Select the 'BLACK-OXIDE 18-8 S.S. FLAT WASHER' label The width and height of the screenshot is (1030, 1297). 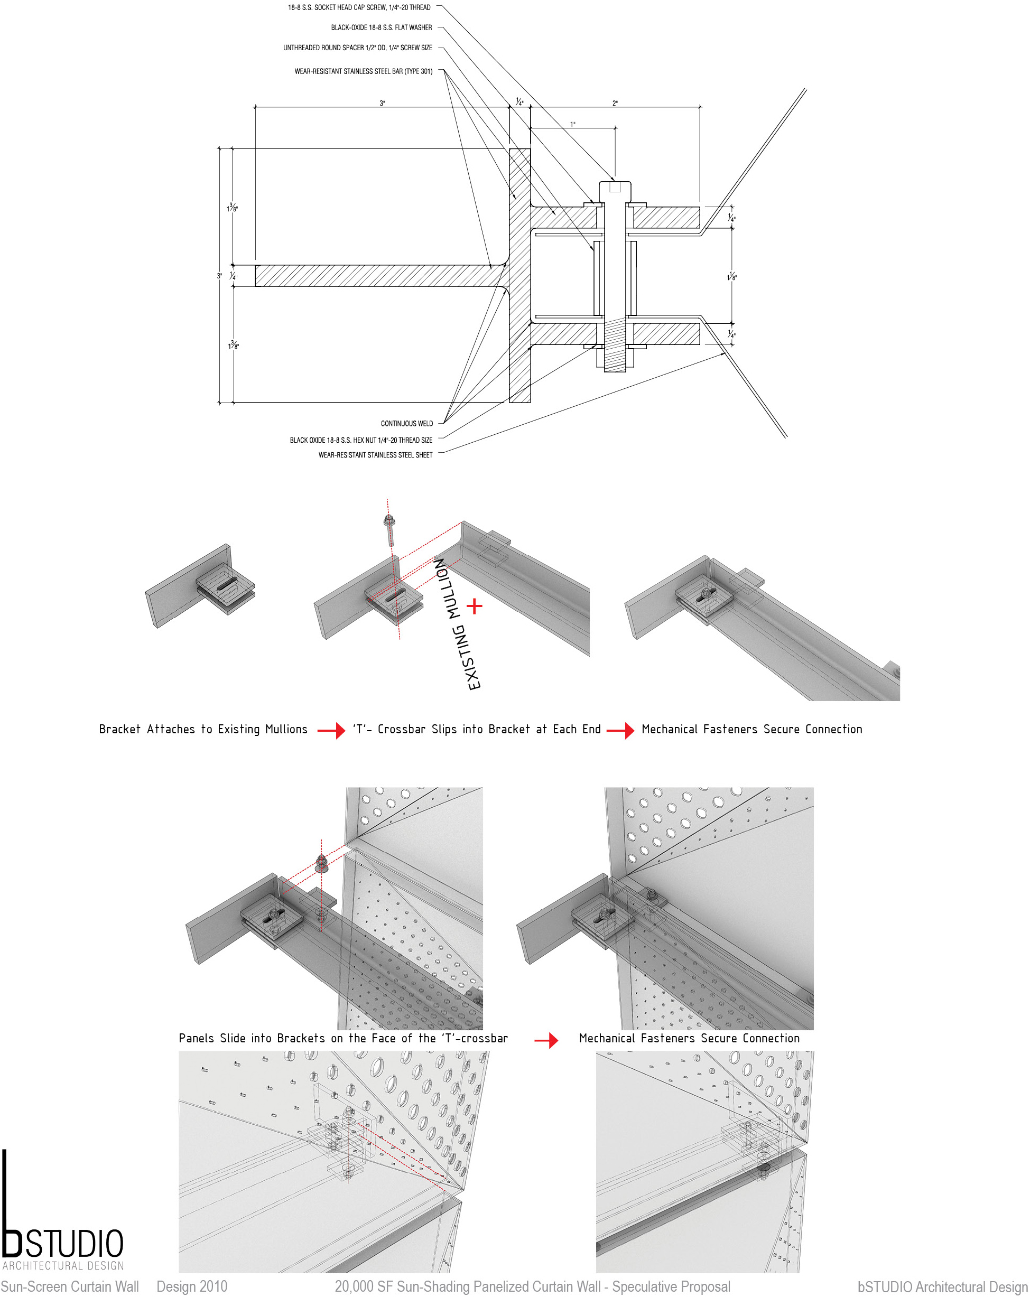(381, 27)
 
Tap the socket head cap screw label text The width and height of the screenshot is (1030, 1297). (359, 8)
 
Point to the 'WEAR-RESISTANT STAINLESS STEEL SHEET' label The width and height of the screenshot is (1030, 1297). (375, 455)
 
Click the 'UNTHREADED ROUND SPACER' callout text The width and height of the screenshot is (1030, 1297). (357, 48)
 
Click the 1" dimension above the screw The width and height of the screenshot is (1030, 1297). (572, 125)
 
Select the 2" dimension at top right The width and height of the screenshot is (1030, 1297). (614, 104)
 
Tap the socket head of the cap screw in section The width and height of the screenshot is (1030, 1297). (614, 191)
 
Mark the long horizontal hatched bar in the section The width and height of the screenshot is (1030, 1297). (379, 276)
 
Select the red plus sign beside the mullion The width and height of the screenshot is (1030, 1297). (474, 606)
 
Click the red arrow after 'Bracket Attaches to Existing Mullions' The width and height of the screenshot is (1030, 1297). (331, 731)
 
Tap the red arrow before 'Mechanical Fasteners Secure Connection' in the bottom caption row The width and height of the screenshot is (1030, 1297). (546, 1040)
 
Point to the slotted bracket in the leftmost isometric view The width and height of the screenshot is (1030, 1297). (226, 586)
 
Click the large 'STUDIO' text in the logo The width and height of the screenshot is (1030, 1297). (73, 1244)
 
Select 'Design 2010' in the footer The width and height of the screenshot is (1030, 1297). (192, 1287)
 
